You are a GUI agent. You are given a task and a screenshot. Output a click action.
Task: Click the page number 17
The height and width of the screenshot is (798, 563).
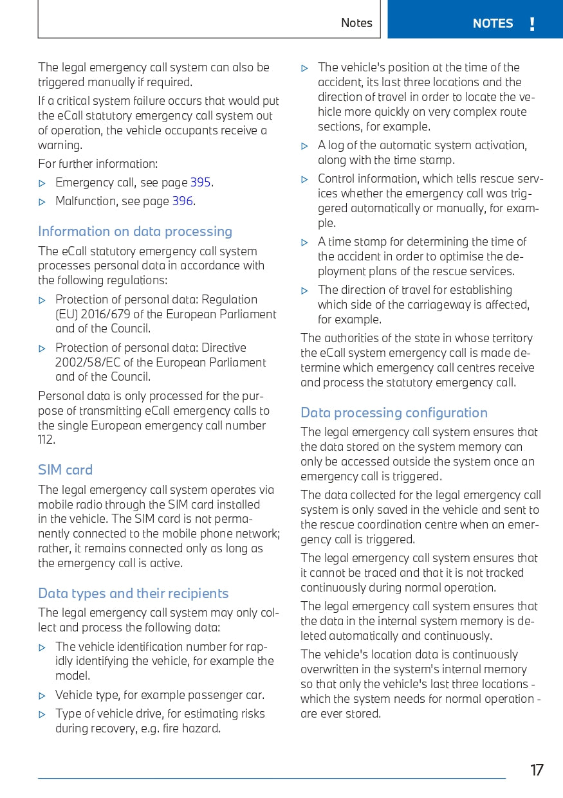click(x=537, y=770)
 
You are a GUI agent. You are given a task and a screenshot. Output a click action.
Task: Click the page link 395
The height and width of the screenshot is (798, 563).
click(x=200, y=182)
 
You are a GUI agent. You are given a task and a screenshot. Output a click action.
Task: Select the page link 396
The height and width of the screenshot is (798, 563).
click(x=182, y=201)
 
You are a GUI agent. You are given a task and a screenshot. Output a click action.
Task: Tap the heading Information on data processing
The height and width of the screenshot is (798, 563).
click(x=135, y=231)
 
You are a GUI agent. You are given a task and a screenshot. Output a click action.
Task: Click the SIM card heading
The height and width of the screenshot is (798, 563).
click(x=66, y=470)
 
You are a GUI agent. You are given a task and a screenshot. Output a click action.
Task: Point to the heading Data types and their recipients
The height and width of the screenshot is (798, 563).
click(x=133, y=593)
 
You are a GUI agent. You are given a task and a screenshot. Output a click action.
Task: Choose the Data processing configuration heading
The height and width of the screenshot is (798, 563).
click(x=394, y=413)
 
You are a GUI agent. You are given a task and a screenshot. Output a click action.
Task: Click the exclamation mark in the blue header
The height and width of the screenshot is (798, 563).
click(x=532, y=24)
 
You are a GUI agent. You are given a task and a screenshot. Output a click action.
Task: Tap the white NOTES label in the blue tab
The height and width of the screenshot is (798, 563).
click(x=492, y=24)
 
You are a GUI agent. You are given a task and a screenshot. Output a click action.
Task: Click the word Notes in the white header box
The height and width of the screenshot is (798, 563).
click(x=356, y=23)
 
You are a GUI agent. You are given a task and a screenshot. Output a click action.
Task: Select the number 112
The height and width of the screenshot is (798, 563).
click(x=46, y=440)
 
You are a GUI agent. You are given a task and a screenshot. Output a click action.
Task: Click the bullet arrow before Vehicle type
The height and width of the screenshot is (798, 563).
click(x=42, y=696)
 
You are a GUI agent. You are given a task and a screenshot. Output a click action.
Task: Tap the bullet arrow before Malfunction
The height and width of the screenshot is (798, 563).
click(x=42, y=202)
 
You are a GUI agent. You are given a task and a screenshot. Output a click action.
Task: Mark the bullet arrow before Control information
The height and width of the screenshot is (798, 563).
click(x=305, y=179)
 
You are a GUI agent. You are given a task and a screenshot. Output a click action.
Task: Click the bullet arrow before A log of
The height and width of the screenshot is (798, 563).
click(x=305, y=146)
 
